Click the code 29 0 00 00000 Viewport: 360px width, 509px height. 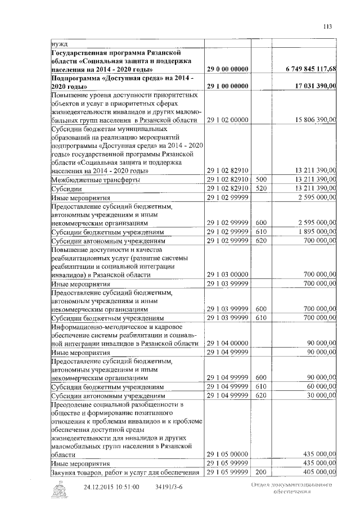pos(228,69)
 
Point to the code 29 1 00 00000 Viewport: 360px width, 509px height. pos(228,86)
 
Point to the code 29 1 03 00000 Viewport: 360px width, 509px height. pos(228,274)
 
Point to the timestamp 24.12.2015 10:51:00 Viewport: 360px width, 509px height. pos(111,487)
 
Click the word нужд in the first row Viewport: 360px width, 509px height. pos(59,43)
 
